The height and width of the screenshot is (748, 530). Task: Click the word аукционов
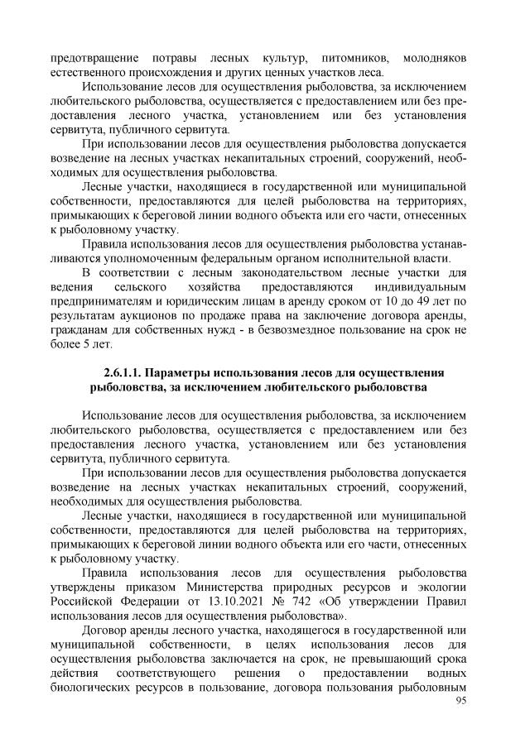tap(149, 318)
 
